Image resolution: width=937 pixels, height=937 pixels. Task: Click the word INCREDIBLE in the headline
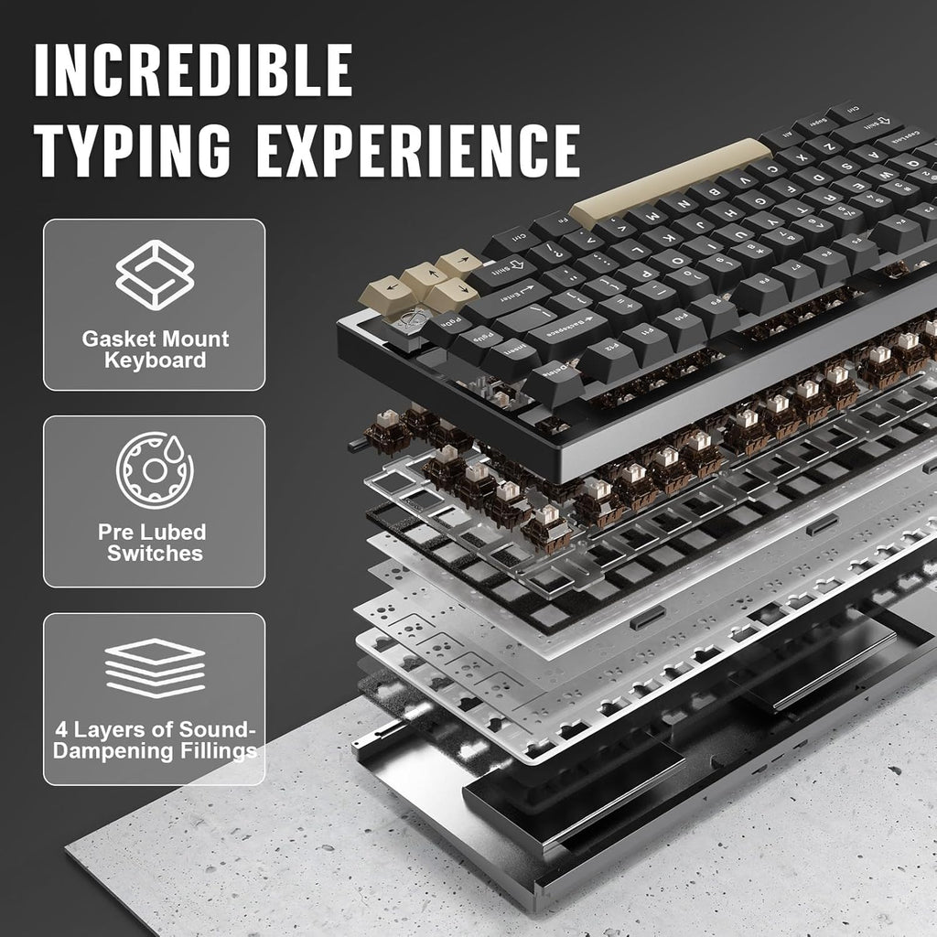193,69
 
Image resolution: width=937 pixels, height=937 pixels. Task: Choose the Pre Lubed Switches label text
155,543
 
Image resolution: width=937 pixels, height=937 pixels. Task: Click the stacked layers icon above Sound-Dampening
154,666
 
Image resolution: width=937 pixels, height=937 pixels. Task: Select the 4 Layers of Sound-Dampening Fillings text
155,741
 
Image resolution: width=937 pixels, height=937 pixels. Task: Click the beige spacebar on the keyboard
677,178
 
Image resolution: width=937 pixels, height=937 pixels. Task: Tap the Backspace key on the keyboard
568,325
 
